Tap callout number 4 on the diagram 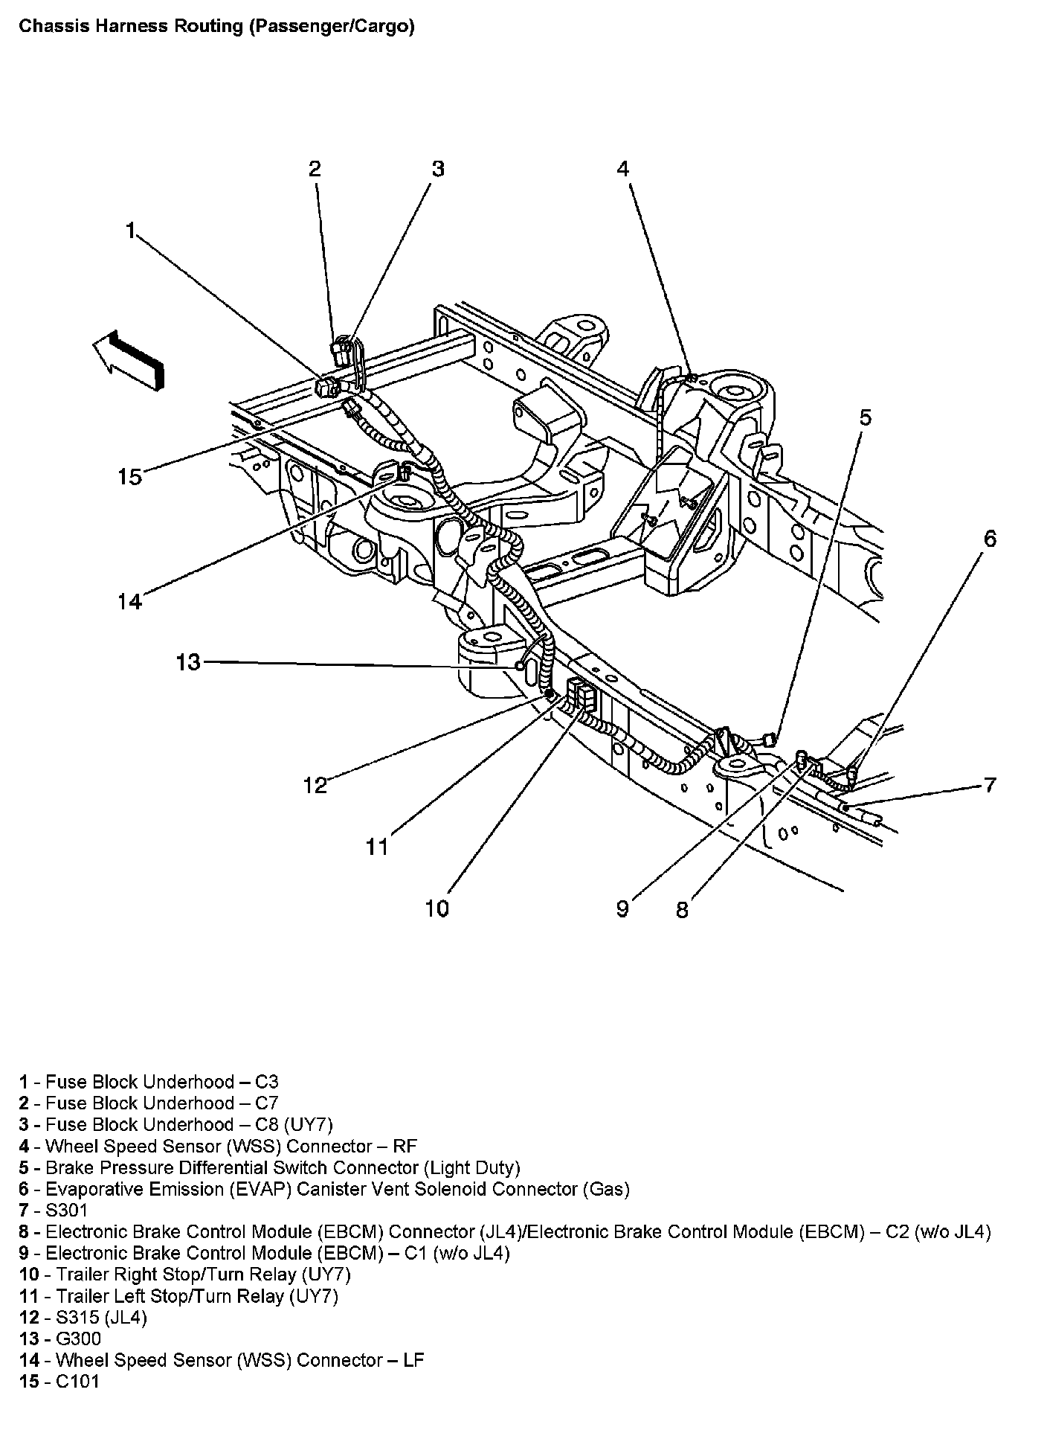[622, 169]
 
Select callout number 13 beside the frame [189, 661]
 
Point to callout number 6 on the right [990, 538]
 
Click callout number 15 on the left [129, 476]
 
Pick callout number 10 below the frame [437, 908]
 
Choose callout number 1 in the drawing [131, 231]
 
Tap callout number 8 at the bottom [682, 909]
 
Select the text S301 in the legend [66, 1210]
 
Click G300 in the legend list [78, 1339]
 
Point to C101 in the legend [77, 1381]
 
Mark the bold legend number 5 [24, 1167]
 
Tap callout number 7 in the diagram [989, 785]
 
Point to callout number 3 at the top [438, 169]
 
